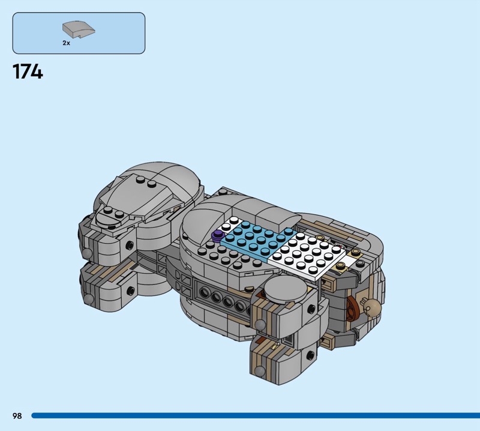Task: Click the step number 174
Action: pos(28,72)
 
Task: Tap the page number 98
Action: pos(17,415)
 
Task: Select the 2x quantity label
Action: pos(66,43)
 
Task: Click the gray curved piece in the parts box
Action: pos(79,29)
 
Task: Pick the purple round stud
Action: pos(218,235)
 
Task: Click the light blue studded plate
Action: pos(258,237)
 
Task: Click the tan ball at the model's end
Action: pos(373,307)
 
